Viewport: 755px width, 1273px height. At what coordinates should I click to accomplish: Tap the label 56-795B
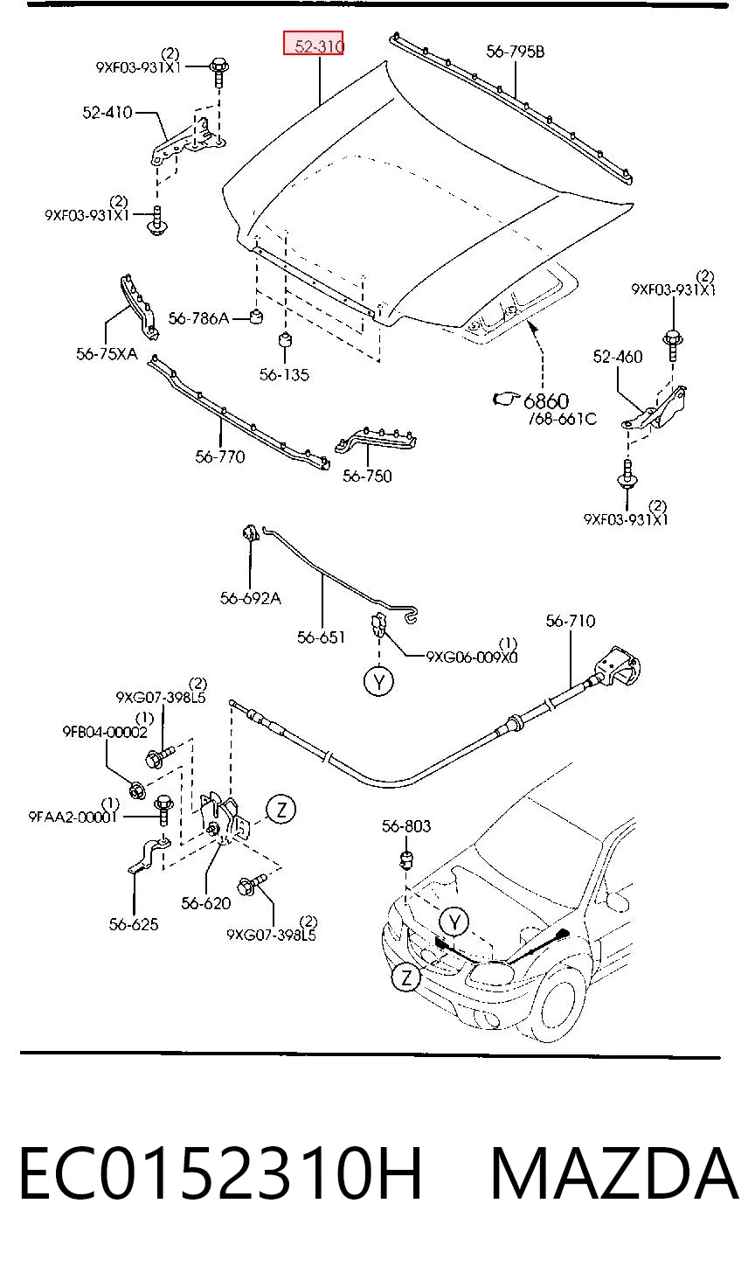coord(515,52)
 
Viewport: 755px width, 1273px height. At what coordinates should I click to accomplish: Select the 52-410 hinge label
coord(107,113)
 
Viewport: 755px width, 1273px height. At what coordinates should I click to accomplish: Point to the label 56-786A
coord(199,318)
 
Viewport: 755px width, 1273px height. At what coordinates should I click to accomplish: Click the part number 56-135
coord(284,374)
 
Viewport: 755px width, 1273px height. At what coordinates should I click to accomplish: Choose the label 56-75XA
coord(107,354)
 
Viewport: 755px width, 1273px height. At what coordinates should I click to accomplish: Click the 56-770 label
coord(220,456)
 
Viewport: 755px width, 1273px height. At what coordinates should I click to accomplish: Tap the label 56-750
coord(367,476)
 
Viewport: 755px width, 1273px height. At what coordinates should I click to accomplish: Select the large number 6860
coord(546,401)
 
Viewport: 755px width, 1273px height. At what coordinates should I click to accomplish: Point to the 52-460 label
coord(618,357)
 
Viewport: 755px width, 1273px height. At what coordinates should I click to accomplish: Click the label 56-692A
coord(251,598)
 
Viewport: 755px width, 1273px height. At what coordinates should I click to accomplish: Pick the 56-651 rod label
coord(321,637)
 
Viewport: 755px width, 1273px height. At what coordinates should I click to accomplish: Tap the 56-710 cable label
coord(571,621)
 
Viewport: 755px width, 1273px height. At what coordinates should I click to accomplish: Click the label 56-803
coord(406,825)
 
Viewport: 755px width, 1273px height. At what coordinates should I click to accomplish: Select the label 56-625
coord(134,924)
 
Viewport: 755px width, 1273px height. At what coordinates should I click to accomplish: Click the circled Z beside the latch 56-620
coord(281,809)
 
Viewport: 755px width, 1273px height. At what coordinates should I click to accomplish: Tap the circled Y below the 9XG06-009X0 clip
coord(379,681)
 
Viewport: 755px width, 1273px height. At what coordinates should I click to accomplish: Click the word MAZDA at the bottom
coord(614,1173)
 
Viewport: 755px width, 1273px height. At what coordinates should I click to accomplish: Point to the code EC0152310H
coord(220,1173)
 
